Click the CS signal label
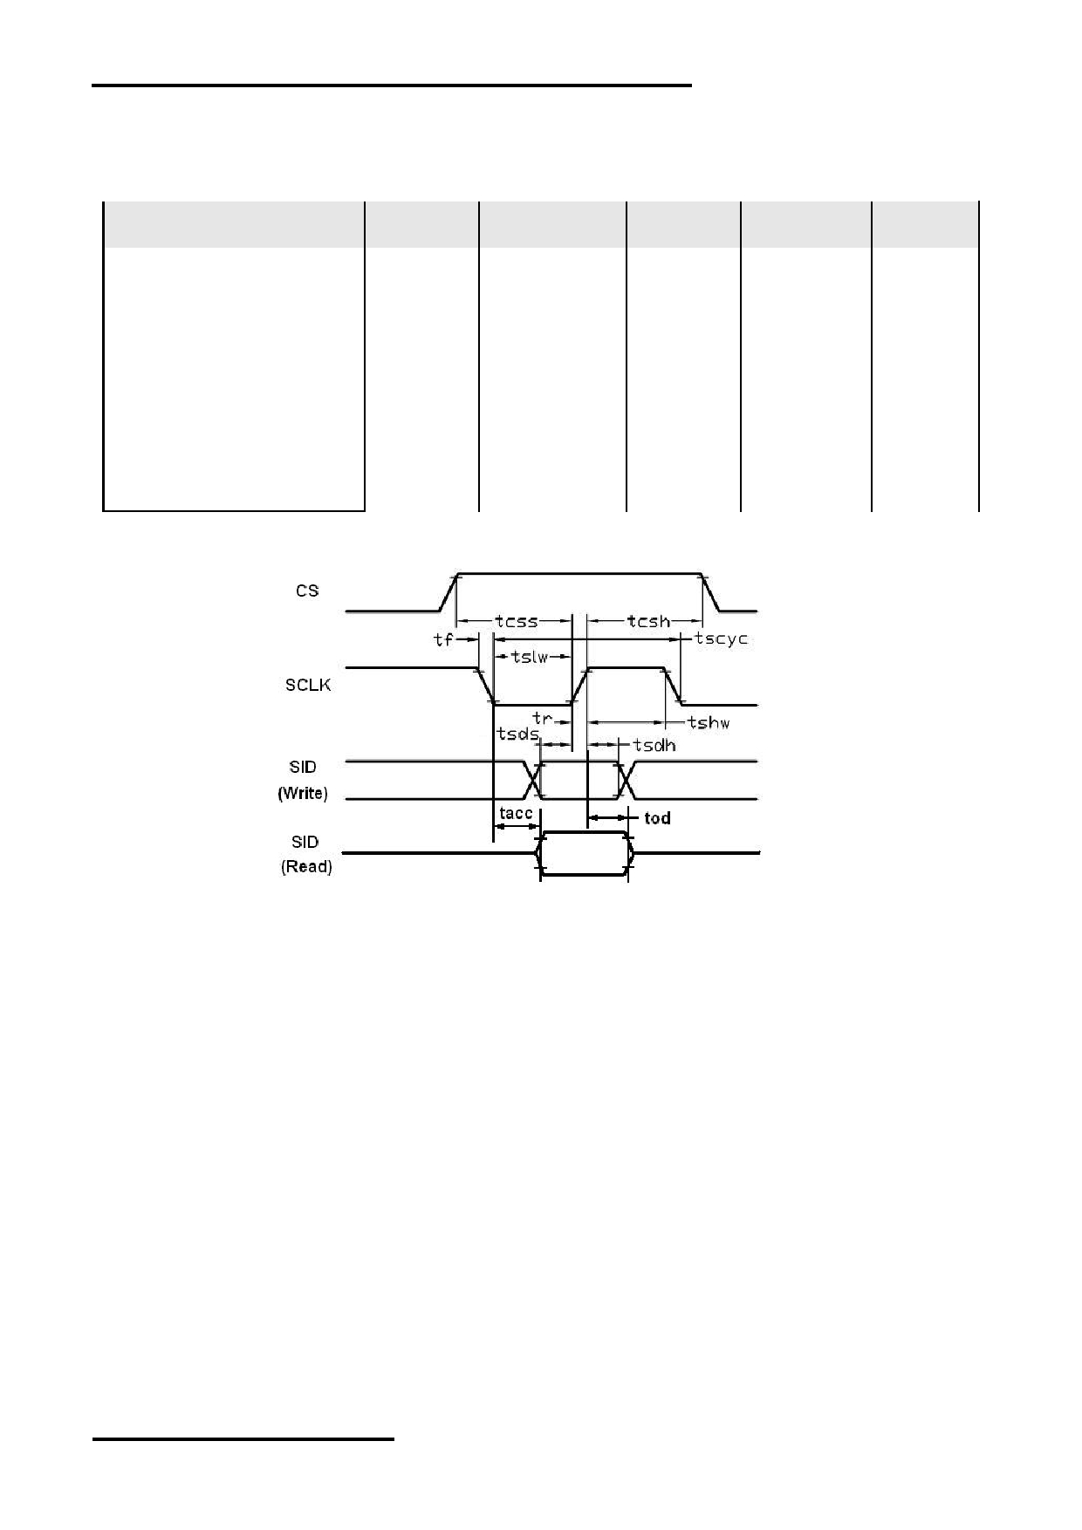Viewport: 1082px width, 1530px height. [x=307, y=591]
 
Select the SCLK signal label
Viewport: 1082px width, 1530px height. [x=308, y=685]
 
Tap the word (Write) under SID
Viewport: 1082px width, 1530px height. [x=303, y=794]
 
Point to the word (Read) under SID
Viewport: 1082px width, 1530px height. [x=306, y=867]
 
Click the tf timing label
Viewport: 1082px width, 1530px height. [x=443, y=639]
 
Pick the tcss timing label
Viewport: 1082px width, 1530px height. [x=516, y=621]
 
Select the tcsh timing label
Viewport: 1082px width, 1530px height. [x=648, y=621]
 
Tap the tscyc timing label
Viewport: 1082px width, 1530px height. [x=722, y=639]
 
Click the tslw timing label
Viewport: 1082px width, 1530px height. [x=530, y=657]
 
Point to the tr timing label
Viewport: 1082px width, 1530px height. [x=542, y=719]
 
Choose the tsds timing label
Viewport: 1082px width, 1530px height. [x=517, y=734]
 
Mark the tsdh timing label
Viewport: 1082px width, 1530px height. [x=654, y=745]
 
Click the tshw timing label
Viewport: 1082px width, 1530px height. [x=709, y=722]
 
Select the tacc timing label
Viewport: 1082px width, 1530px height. [x=516, y=814]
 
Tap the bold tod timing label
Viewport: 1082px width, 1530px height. [x=657, y=818]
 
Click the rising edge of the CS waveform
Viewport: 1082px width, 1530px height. [x=449, y=592]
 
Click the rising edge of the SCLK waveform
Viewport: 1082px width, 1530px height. [x=579, y=686]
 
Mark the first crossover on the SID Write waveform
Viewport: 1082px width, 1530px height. [x=532, y=780]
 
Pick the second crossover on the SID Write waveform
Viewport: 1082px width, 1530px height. [x=625, y=780]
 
